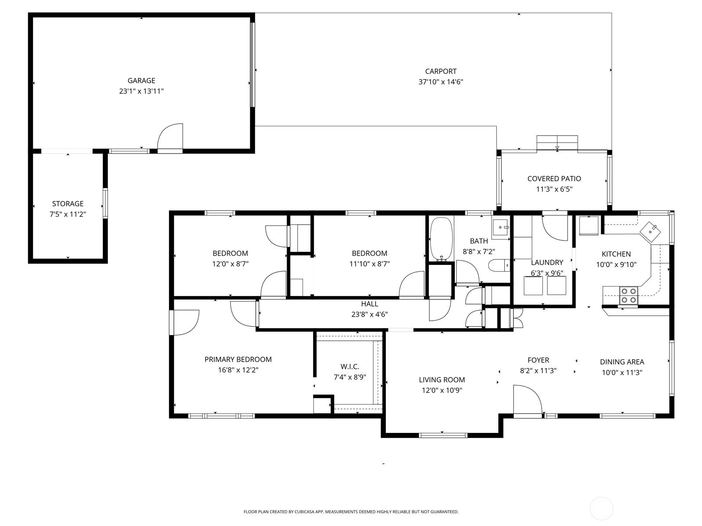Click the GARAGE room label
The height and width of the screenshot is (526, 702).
[x=141, y=81]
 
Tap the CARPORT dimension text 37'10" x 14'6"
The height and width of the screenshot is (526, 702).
[x=441, y=82]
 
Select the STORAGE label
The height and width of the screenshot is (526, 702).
[x=68, y=204]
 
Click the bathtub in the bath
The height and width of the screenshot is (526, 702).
[x=441, y=240]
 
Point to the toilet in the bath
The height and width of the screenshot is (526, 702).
[x=499, y=265]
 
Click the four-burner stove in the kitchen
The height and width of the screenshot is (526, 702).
[x=629, y=296]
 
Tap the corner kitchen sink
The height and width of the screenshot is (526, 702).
[x=650, y=232]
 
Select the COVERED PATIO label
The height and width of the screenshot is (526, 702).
[x=554, y=179]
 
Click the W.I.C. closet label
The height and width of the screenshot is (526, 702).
[x=350, y=367]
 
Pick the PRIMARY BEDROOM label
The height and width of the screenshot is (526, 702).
[x=238, y=359]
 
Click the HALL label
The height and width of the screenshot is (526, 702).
[x=369, y=304]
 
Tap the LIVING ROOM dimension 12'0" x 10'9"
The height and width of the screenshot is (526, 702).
[x=442, y=390]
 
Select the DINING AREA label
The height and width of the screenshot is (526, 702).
[x=622, y=362]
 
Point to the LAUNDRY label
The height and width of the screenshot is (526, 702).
[x=547, y=262]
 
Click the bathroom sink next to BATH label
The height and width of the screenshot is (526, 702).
[x=500, y=229]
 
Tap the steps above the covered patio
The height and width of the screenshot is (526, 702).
[x=557, y=143]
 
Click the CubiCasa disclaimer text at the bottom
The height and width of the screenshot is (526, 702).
[x=351, y=512]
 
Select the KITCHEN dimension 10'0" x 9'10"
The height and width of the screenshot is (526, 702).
[x=616, y=265]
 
